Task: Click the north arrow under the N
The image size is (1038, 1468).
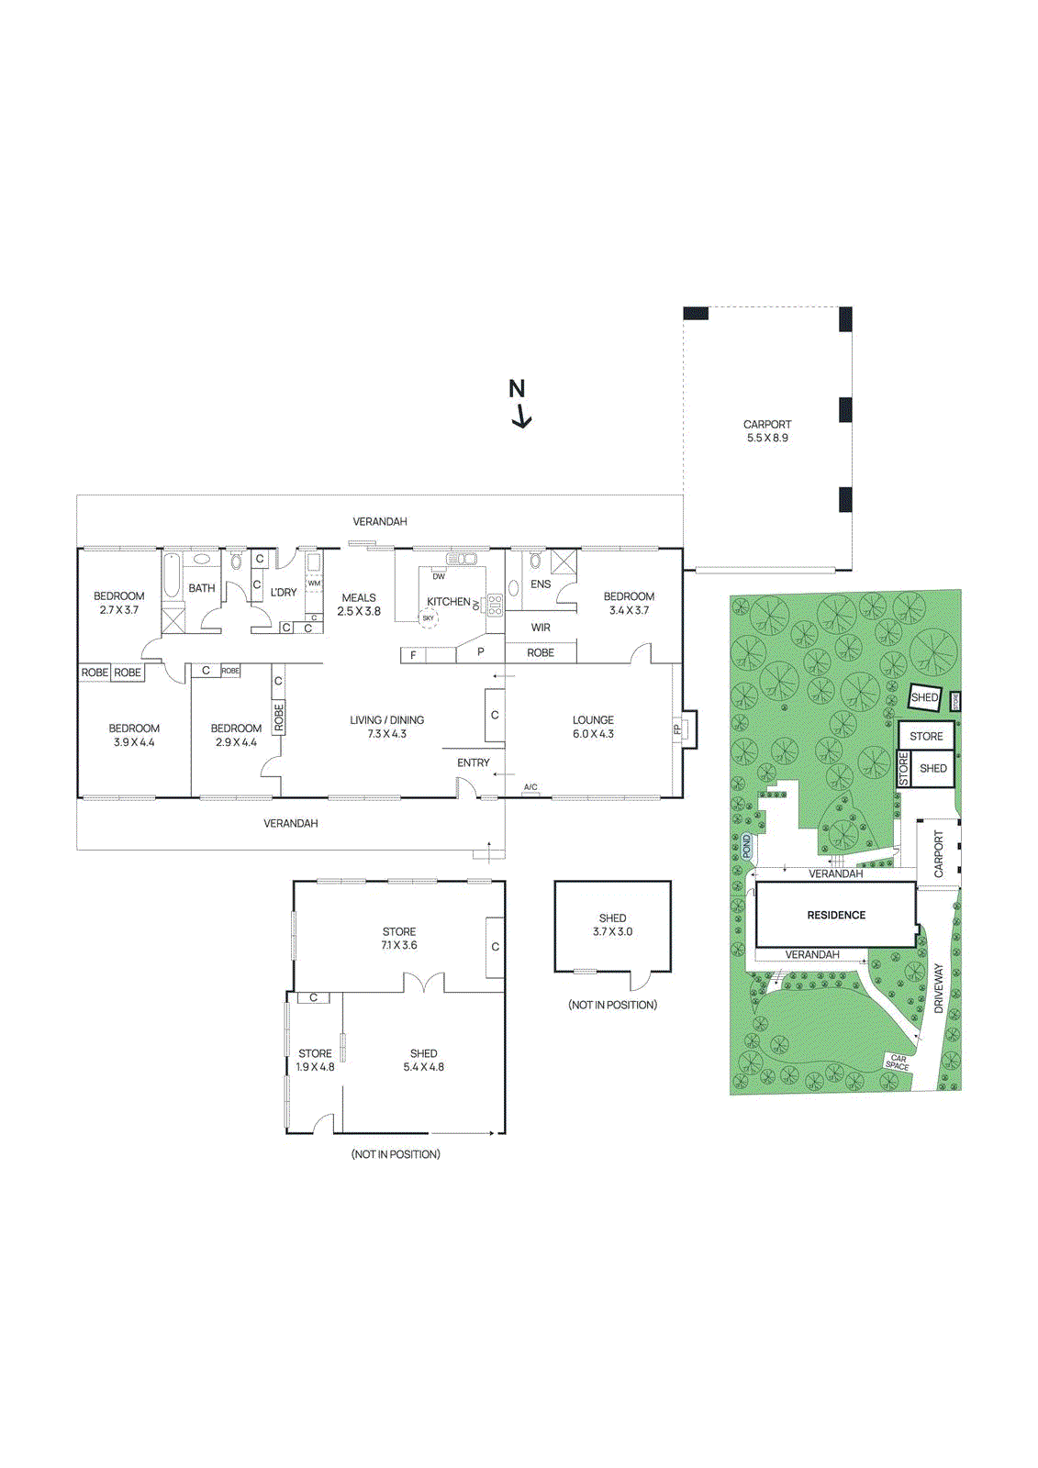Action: [x=521, y=417]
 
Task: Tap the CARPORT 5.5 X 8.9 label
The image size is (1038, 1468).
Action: [x=767, y=431]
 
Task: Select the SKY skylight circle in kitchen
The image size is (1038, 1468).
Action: [x=429, y=618]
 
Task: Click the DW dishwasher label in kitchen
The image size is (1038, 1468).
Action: [x=439, y=576]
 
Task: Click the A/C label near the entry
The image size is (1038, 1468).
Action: [x=530, y=787]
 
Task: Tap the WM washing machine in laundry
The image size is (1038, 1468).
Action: [x=314, y=584]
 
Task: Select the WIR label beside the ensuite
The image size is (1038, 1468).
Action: [x=541, y=628]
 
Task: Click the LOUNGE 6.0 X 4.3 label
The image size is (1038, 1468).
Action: [x=593, y=727]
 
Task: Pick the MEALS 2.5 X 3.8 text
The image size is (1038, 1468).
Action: [x=359, y=604]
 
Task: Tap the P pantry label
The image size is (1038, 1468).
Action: [x=481, y=652]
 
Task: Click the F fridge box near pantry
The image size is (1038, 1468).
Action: [x=414, y=655]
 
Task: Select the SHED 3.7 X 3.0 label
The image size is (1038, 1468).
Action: [x=612, y=925]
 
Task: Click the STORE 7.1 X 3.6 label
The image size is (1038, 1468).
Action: [x=399, y=938]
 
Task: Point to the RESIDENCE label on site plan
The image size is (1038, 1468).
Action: [x=836, y=915]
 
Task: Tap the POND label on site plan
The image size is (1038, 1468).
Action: [x=747, y=846]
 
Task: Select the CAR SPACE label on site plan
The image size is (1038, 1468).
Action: [x=898, y=1062]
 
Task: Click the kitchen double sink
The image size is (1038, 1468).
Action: [x=462, y=559]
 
